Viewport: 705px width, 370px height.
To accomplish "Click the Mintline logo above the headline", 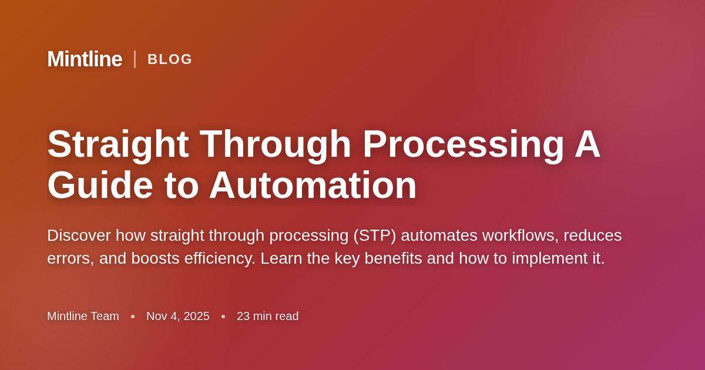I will (x=85, y=59).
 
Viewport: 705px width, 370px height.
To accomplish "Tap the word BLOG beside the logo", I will (x=170, y=59).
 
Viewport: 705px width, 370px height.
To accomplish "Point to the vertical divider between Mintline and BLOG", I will (x=135, y=59).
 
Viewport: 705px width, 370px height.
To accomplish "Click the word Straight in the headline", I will (x=118, y=144).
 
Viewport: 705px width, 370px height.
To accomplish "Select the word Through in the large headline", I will (x=276, y=144).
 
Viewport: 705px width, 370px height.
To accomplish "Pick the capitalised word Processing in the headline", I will (x=464, y=144).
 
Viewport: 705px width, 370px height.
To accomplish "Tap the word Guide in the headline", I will (x=100, y=186).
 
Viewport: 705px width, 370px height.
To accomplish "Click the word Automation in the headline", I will (x=313, y=186).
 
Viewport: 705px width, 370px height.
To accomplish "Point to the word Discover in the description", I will (x=79, y=236).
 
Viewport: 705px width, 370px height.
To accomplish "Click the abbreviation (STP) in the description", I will (x=374, y=236).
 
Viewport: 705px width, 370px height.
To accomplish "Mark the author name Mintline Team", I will (x=83, y=316).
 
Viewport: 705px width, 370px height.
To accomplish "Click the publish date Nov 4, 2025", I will (x=178, y=316).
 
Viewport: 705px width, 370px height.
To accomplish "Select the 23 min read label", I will (x=268, y=316).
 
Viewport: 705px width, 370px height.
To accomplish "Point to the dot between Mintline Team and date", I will (x=133, y=317).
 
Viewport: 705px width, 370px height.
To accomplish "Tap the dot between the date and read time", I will (x=223, y=317).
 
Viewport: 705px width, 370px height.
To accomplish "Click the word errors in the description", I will (x=68, y=258).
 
